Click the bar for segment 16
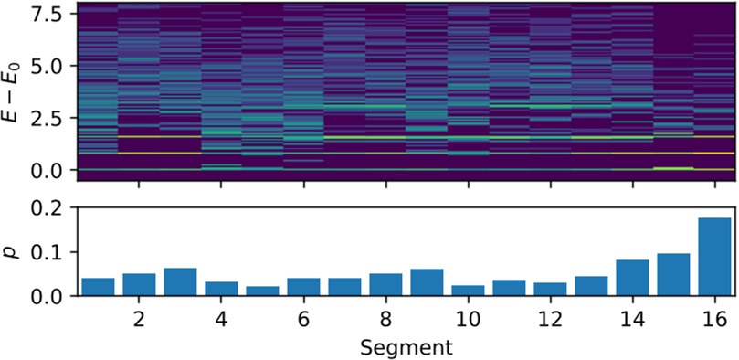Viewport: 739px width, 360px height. pos(714,258)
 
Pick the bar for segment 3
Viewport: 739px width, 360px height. pos(180,282)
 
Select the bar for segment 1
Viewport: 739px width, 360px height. pos(98,287)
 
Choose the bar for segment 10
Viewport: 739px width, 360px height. pos(468,291)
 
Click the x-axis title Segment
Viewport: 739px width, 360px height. pos(403,348)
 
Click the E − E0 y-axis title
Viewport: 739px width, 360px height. pos(13,91)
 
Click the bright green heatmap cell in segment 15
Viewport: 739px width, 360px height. pos(673,168)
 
